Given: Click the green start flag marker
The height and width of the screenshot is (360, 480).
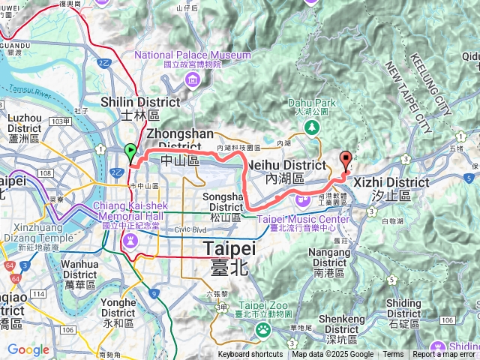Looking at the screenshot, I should pos(131,152).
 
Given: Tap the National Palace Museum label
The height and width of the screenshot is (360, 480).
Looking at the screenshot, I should pos(192,55).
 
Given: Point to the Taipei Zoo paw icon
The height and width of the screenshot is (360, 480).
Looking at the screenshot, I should pos(263,328).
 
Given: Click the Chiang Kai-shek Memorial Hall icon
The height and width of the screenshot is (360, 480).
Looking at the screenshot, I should pos(131,240).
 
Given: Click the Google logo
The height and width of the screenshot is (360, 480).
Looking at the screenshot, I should pos(28,350).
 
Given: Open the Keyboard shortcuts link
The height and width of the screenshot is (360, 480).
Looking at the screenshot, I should pos(250,355).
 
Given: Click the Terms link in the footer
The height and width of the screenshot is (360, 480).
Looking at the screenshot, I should pos(393,355).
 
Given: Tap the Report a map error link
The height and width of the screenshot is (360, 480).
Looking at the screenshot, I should pos(445,355).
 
